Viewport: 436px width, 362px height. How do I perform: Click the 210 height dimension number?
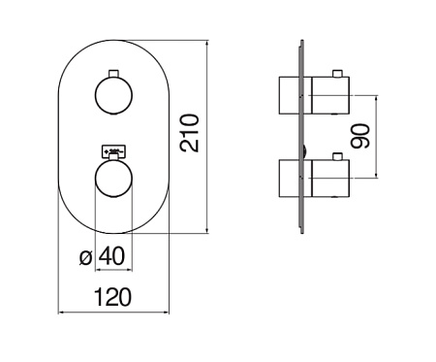tap(190, 133)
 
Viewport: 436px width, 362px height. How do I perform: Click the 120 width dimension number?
tap(112, 297)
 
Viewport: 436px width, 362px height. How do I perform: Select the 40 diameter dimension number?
tap(111, 256)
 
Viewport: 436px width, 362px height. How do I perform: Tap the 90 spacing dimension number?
tap(360, 136)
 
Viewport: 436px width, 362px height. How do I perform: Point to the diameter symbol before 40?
tap(86, 258)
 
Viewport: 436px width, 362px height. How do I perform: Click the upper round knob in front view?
tap(113, 95)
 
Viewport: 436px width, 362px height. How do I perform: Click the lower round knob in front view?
tap(113, 179)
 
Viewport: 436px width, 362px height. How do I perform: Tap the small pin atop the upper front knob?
tap(113, 74)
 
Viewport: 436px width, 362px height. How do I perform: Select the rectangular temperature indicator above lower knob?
tap(113, 151)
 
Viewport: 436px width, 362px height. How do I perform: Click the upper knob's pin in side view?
tap(337, 74)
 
